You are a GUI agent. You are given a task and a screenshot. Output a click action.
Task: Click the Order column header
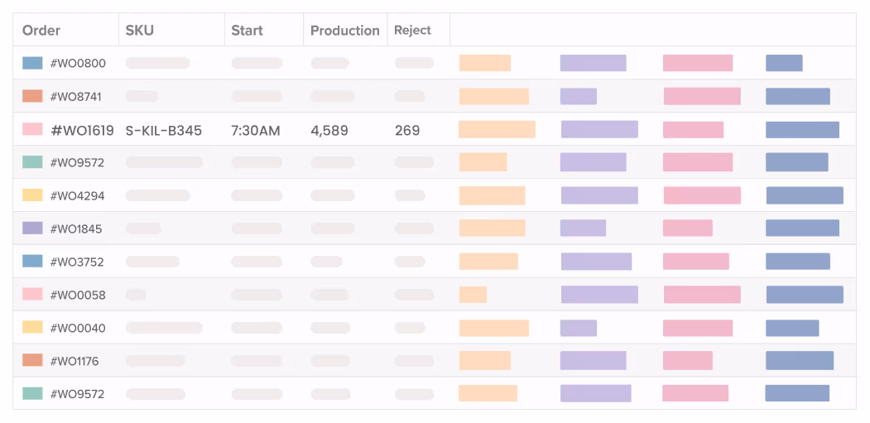[x=41, y=31]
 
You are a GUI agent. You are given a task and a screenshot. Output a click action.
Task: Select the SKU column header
[x=140, y=31]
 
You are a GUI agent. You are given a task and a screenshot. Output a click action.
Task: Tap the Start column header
[x=247, y=31]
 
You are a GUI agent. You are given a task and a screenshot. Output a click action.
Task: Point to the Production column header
[x=344, y=31]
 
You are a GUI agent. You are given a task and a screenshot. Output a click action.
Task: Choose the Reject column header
[x=412, y=31]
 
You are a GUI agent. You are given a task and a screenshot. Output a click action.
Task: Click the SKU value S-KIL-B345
[x=164, y=130]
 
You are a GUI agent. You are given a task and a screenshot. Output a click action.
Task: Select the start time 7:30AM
[x=255, y=130]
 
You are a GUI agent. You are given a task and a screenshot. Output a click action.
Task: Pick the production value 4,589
[x=329, y=130]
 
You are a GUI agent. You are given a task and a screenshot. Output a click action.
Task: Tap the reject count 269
[x=407, y=130]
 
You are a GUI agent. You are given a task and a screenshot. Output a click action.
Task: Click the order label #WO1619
[x=83, y=130]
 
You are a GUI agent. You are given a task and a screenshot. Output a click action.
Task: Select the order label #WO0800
[x=78, y=64]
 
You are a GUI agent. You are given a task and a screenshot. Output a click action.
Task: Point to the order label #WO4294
[x=78, y=196]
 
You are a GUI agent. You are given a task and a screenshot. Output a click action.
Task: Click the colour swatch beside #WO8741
[x=32, y=96]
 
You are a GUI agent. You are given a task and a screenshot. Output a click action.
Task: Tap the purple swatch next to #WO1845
[x=32, y=228]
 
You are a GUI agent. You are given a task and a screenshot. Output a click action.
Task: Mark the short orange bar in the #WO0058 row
[x=473, y=295]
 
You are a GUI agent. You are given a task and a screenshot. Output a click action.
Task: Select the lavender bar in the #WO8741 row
[x=578, y=96]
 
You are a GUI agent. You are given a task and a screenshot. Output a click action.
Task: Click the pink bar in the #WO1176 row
[x=687, y=361]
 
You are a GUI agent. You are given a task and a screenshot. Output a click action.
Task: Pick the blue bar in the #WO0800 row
[x=784, y=63]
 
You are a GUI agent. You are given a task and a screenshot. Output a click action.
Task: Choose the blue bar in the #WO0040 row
[x=792, y=328]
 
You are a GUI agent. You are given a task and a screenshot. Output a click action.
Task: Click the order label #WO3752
[x=78, y=262]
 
